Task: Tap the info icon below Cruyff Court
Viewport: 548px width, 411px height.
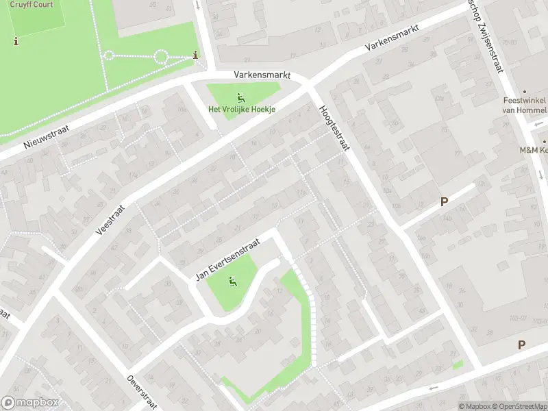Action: click(x=16, y=41)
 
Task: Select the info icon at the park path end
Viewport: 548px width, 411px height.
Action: click(x=197, y=55)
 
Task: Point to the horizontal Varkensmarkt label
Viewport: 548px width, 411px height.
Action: click(x=262, y=75)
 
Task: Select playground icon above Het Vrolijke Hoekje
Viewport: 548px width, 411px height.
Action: click(x=239, y=97)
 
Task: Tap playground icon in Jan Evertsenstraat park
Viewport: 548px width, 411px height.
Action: click(x=233, y=280)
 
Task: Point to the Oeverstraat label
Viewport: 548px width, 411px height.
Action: click(x=138, y=391)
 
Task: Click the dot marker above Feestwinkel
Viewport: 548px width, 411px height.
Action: click(x=525, y=91)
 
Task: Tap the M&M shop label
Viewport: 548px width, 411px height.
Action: click(x=533, y=149)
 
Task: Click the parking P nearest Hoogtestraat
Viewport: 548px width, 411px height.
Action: click(x=444, y=202)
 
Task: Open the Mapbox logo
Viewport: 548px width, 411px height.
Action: click(x=30, y=403)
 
